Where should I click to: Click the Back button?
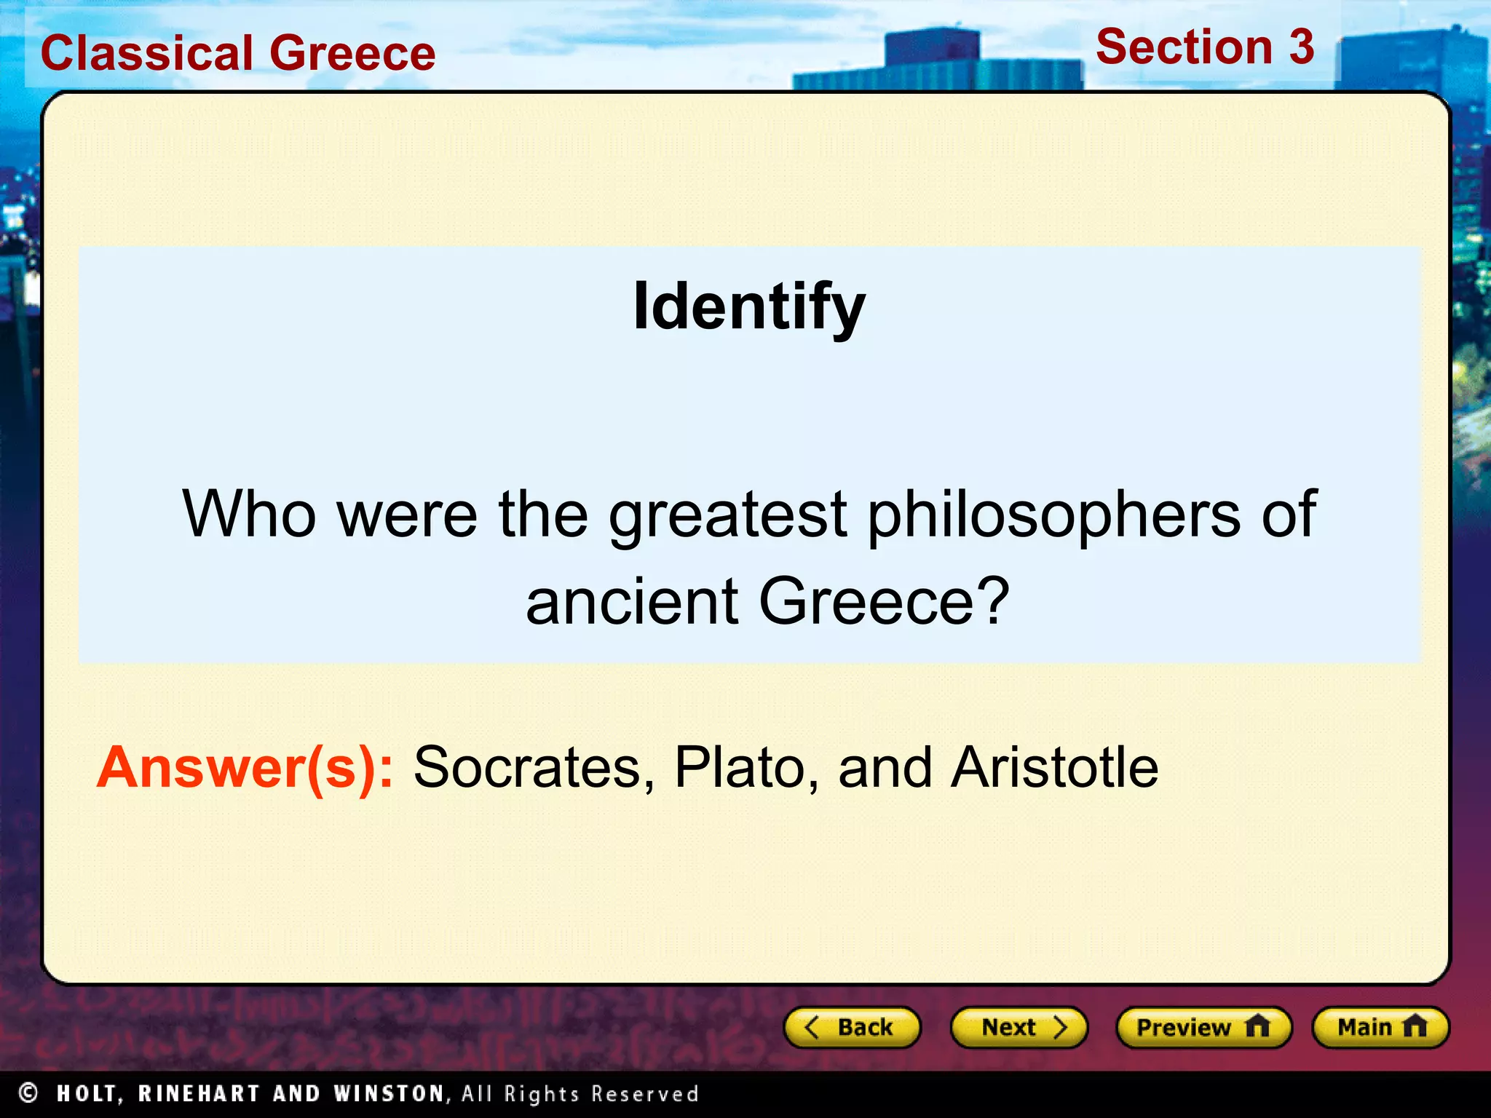coord(852,1027)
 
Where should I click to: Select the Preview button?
coord(1203,1027)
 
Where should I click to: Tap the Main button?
coord(1380,1027)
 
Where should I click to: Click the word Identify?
coord(749,307)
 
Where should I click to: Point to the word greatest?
coord(727,515)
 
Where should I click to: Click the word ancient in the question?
coord(632,601)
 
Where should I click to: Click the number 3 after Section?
coord(1301,47)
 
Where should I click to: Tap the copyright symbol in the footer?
coord(28,1093)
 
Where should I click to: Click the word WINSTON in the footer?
coord(389,1093)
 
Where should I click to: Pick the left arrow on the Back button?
coord(812,1027)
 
